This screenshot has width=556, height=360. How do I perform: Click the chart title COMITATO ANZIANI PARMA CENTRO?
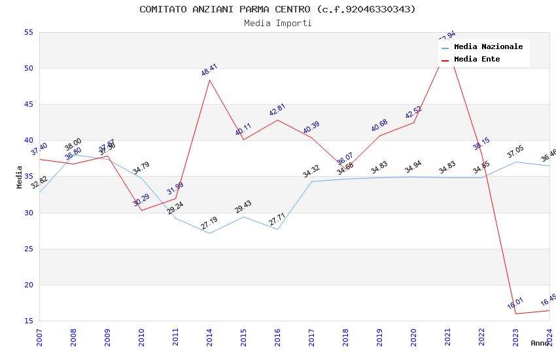pos(277,9)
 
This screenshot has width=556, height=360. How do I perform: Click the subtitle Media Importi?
pos(277,23)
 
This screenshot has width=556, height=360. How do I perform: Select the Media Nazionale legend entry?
pos(488,47)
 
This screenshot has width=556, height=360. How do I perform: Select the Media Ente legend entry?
pos(477,60)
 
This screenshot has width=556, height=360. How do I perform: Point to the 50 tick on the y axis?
pos(28,68)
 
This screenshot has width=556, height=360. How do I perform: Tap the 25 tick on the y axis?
pos(28,249)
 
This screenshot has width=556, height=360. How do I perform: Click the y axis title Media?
pos(20,177)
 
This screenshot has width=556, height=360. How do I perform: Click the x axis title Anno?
pos(540,343)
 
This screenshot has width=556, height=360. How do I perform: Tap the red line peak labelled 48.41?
pos(209,80)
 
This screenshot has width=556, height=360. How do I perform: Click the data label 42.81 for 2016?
pos(277,110)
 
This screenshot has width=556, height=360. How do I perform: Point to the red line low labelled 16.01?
pos(515,314)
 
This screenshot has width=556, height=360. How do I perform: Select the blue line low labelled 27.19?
pos(209,233)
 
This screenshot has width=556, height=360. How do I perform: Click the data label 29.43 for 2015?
pos(243,207)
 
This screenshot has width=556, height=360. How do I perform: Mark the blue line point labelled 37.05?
pos(515,162)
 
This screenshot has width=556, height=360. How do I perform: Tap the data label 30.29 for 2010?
pos(141,200)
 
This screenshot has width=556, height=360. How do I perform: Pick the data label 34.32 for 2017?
pos(311,171)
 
